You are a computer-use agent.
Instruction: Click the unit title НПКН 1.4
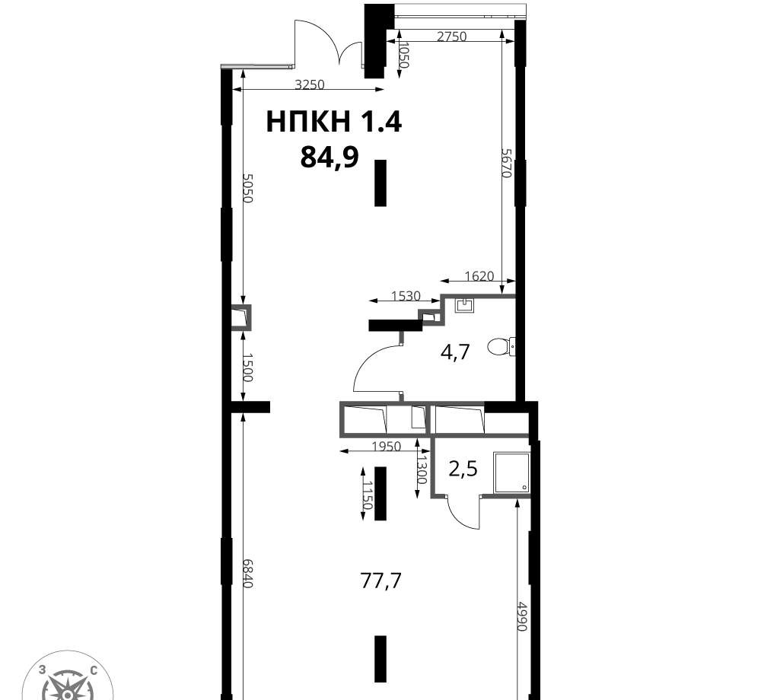[334, 121]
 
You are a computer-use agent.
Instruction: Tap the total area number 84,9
[330, 157]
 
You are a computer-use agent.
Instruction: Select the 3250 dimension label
[310, 85]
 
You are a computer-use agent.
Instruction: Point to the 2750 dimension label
[452, 37]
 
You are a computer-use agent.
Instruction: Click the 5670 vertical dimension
[507, 163]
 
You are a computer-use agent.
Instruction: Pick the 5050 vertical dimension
[247, 188]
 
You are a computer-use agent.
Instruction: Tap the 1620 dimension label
[479, 276]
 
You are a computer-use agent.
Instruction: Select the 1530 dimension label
[406, 295]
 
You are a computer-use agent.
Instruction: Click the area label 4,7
[455, 352]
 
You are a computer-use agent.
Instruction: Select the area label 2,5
[463, 469]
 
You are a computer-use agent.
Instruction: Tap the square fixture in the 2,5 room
[511, 473]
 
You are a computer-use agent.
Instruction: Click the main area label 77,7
[381, 580]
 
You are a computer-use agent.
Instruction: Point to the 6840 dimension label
[247, 574]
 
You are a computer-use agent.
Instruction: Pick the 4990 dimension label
[521, 616]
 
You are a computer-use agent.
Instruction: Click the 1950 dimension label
[387, 446]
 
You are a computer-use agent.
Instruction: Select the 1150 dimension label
[368, 495]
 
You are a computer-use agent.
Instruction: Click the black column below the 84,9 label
[380, 183]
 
